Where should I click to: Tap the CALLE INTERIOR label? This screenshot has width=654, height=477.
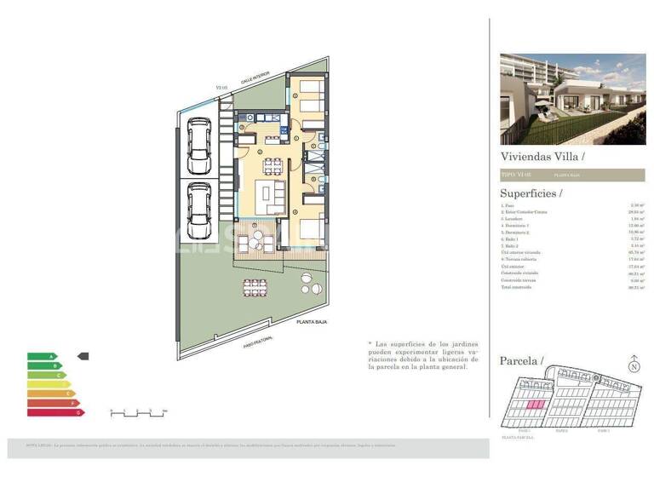(255, 78)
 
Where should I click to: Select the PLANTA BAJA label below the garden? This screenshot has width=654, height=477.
(313, 322)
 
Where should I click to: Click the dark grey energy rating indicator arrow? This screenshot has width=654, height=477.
(83, 357)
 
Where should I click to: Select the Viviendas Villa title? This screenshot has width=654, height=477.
(542, 157)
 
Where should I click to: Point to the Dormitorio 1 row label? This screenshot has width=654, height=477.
(518, 225)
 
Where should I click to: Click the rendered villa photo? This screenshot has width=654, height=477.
(572, 99)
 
